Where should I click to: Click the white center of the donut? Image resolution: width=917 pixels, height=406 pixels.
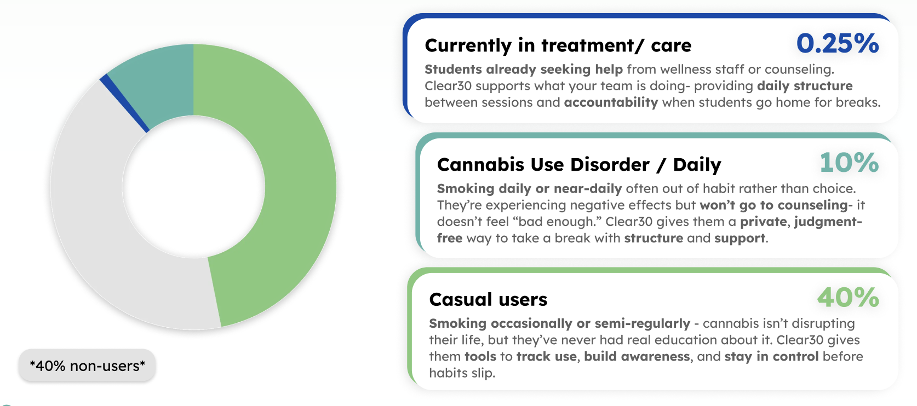(193, 187)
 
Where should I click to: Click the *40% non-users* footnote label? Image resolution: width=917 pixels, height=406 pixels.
(87, 366)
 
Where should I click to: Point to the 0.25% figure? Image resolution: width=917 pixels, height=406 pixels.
(838, 43)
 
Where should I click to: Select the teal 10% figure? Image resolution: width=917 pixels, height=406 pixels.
(849, 163)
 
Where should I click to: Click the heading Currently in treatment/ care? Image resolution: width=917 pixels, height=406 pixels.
(558, 45)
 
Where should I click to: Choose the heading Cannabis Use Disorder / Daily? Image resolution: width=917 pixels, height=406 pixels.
(579, 165)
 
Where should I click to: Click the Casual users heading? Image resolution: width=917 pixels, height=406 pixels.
(488, 300)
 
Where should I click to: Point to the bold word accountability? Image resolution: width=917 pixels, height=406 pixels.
(611, 102)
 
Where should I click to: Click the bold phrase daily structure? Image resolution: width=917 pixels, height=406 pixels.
(804, 86)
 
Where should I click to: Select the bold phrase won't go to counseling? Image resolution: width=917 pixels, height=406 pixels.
(773, 205)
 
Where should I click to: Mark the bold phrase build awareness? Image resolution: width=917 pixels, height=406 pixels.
(637, 357)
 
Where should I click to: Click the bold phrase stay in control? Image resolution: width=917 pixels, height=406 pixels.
(771, 357)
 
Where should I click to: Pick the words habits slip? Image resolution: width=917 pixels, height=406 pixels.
(462, 373)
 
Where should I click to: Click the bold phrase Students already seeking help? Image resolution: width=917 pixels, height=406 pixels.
(524, 69)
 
